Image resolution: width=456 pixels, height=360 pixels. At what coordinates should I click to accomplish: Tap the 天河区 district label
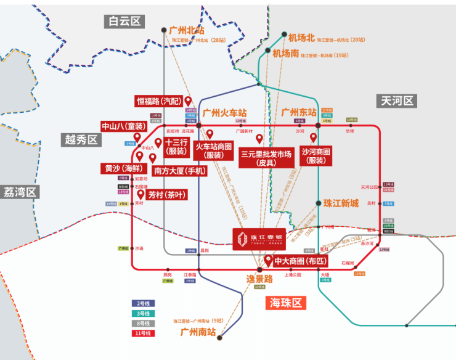[397, 100]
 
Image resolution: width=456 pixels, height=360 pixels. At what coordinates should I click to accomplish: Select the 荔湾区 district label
[20, 192]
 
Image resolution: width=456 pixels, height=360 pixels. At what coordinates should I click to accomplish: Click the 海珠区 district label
[287, 303]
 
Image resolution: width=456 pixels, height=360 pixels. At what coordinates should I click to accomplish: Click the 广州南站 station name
[198, 332]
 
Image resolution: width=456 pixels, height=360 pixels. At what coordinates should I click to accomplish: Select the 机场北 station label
[301, 38]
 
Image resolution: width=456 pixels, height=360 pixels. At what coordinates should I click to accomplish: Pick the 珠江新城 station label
[341, 203]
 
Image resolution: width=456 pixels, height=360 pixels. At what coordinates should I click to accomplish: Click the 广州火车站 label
[225, 113]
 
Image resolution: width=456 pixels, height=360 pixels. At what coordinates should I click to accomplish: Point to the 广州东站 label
[299, 112]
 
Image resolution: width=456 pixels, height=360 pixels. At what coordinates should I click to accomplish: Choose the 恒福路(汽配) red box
[159, 101]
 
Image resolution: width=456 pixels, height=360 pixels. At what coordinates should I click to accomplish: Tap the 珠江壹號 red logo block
[258, 238]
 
